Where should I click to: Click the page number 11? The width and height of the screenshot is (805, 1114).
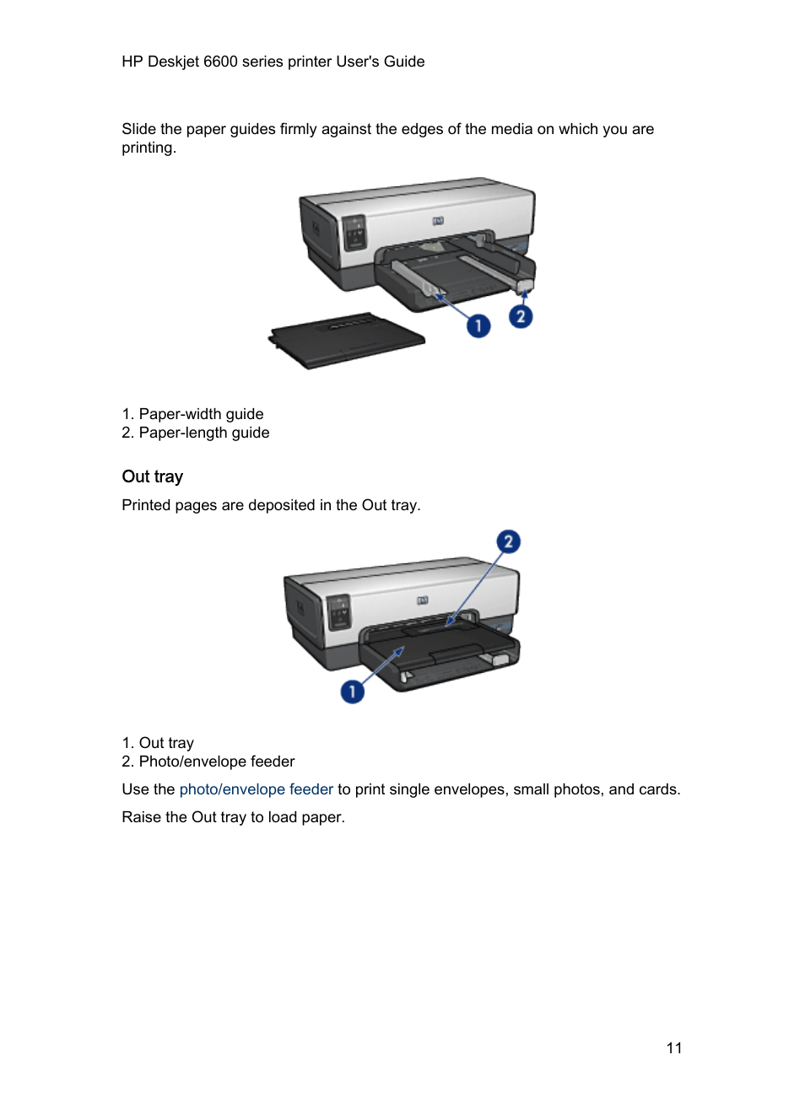[673, 1047]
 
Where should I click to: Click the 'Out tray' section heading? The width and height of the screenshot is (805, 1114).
[152, 476]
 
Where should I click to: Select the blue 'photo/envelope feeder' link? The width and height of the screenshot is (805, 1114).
[256, 789]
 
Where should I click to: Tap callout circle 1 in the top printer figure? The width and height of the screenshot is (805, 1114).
[478, 326]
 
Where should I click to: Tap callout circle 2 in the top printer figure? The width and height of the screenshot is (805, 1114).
[521, 316]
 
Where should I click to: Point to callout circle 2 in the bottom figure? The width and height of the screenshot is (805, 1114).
[508, 541]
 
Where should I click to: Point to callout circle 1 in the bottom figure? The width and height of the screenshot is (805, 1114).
[352, 692]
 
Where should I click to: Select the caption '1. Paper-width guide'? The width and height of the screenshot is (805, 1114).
[192, 414]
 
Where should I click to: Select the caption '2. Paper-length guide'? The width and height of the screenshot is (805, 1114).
[196, 433]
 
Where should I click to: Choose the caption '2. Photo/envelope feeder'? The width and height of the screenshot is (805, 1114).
[208, 762]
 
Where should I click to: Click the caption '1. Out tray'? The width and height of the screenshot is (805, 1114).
[158, 743]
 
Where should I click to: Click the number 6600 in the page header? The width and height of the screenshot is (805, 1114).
[220, 62]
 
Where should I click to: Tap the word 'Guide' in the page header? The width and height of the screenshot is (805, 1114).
[404, 62]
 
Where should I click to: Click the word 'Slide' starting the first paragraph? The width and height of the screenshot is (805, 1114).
[138, 129]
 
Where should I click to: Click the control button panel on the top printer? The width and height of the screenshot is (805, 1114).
[354, 232]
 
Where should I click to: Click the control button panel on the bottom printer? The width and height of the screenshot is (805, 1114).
[338, 611]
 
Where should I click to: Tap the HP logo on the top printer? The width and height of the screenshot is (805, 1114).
[438, 221]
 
